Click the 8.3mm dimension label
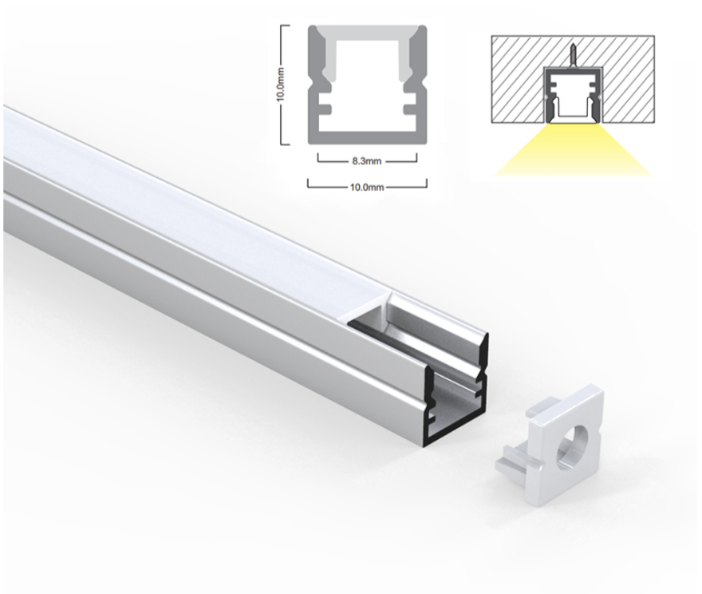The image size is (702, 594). tap(367, 161)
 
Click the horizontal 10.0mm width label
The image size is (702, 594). tap(367, 188)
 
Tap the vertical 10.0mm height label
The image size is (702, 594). tap(281, 85)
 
